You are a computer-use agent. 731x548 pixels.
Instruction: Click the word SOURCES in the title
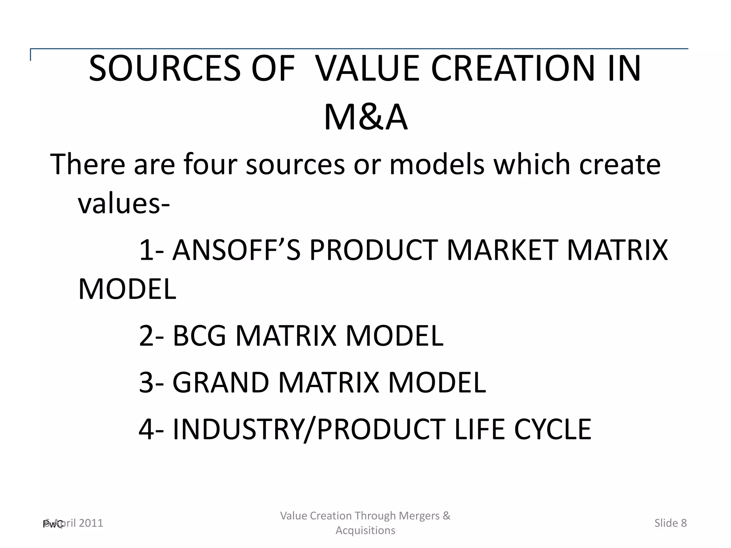165,68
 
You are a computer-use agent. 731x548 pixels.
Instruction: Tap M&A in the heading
365,118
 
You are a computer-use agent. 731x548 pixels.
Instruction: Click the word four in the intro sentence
211,164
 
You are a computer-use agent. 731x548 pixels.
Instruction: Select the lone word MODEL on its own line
127,289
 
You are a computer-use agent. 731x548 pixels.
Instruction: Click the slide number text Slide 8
670,523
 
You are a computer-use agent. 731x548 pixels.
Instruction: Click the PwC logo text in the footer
52,524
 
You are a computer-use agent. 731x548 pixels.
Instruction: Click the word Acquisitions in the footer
365,531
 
